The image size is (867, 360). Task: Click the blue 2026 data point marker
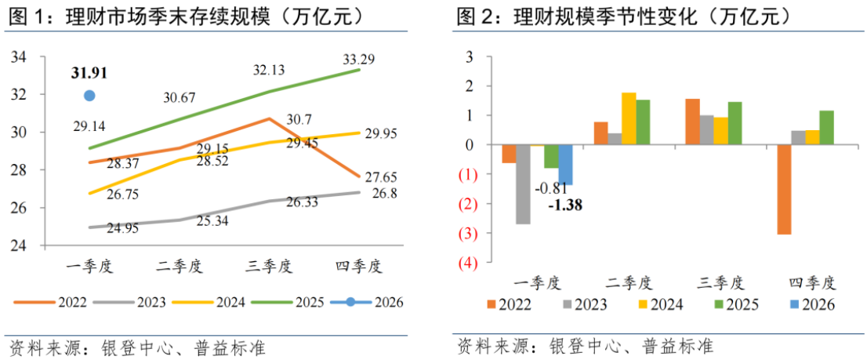tap(89, 96)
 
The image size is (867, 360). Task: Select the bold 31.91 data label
tap(89, 73)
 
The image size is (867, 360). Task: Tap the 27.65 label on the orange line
tap(381, 176)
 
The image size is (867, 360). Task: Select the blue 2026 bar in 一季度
tap(565, 165)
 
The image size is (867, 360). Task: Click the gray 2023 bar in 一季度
tap(523, 184)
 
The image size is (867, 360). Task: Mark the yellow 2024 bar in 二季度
tap(629, 119)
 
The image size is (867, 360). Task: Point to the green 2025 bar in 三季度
tap(735, 123)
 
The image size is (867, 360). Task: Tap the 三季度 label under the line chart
tap(269, 267)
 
